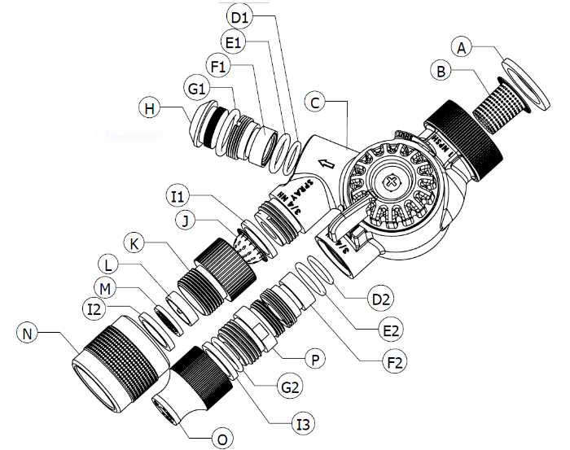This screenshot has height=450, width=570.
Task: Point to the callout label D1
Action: tap(239, 16)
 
